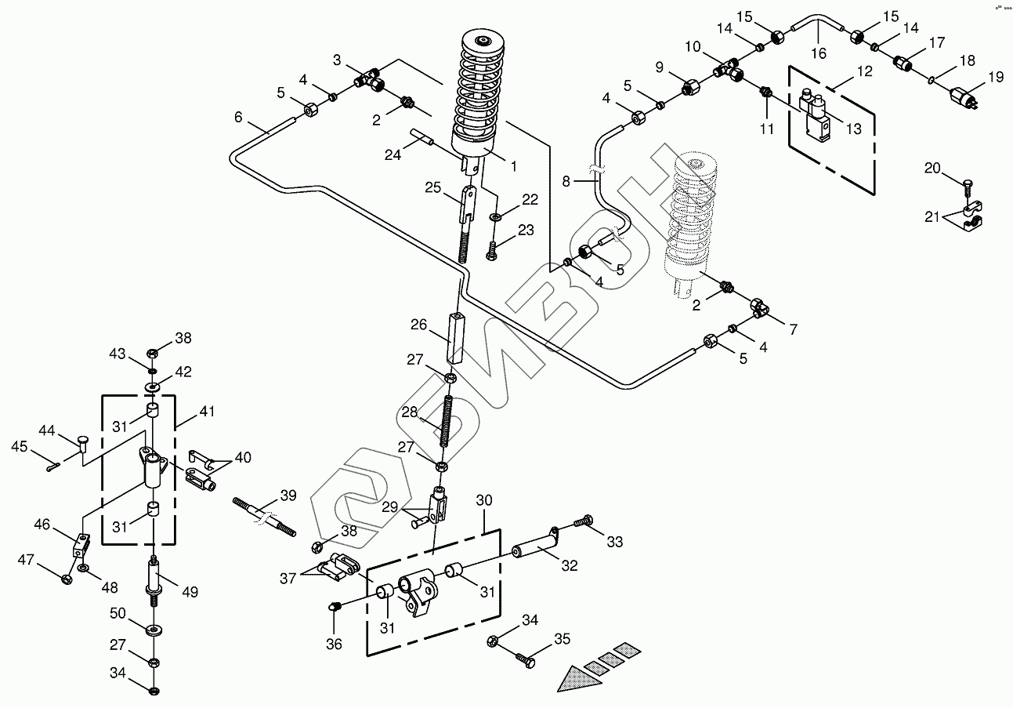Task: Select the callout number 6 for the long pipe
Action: pyautogui.click(x=238, y=118)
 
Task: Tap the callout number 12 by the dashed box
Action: pyautogui.click(x=864, y=71)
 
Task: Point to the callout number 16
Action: pyautogui.click(x=818, y=54)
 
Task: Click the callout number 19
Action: pyautogui.click(x=996, y=77)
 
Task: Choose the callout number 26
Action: pyautogui.click(x=419, y=324)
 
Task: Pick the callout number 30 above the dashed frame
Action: pyautogui.click(x=484, y=500)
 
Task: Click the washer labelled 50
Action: pyautogui.click(x=153, y=630)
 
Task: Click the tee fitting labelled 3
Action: pyautogui.click(x=366, y=79)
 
